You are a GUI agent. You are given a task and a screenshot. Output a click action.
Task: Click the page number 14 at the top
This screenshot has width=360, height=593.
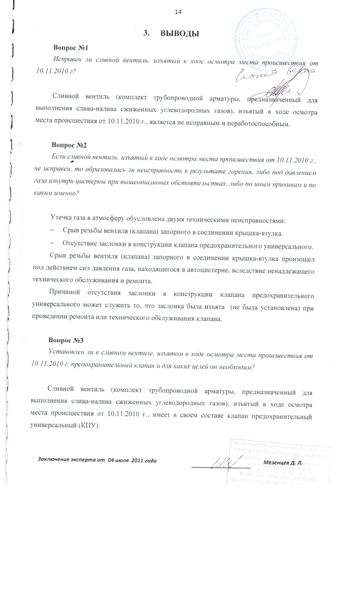pos(178,12)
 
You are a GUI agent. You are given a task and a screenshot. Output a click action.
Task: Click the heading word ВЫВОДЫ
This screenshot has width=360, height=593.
pos(180,34)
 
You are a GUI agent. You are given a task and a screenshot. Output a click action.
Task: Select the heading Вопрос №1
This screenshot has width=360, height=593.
pos(70,48)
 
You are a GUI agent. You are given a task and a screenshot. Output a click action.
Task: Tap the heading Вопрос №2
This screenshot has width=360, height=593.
pos(69,145)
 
